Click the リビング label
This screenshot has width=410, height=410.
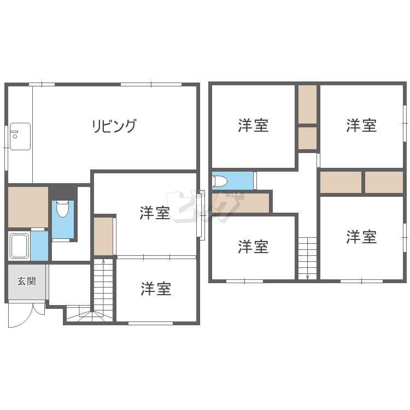[x=114, y=126]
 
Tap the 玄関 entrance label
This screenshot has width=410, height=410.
[x=26, y=282]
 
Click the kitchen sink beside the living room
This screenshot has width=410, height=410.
[x=20, y=137]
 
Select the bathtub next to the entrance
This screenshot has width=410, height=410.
[x=19, y=246]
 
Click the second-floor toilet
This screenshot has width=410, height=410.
[x=220, y=180]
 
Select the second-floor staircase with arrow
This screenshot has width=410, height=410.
[x=308, y=257]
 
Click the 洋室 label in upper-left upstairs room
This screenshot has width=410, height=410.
[x=253, y=126]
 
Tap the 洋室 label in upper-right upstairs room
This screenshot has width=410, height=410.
[x=361, y=126]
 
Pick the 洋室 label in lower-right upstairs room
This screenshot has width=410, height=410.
[x=361, y=237]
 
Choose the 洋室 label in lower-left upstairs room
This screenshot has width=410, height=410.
[x=253, y=247]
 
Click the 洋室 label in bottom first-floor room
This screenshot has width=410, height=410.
[x=156, y=289]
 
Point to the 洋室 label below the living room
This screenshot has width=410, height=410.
[x=155, y=213]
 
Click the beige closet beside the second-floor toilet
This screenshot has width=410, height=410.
[x=243, y=203]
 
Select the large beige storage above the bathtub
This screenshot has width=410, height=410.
[x=28, y=207]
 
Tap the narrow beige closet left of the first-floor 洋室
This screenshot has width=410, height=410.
[x=103, y=236]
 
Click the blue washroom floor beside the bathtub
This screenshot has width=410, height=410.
[x=39, y=246]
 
